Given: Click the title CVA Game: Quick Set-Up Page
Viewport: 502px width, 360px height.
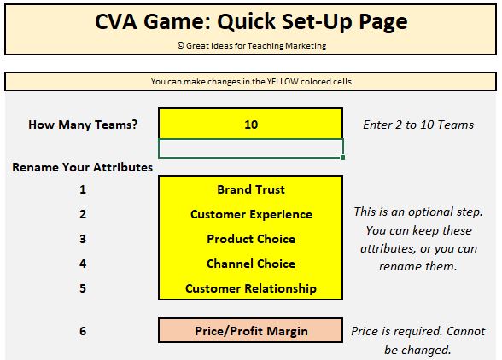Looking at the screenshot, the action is point(251,22).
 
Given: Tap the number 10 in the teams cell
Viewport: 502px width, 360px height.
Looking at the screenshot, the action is point(251,125).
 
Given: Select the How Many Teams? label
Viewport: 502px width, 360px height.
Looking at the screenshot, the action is point(83,125).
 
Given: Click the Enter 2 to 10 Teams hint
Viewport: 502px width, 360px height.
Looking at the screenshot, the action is point(418,125).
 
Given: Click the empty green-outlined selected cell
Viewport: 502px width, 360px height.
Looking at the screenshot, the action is point(251,148).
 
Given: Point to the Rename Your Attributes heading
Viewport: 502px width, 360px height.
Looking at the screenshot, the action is point(82,167).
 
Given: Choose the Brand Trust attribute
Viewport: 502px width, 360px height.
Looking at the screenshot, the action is point(251,189).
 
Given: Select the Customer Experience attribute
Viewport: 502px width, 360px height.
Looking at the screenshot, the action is point(251,214).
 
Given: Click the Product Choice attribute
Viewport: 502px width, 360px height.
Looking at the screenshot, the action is point(251,239).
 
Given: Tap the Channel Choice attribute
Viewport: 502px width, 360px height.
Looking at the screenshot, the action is point(251,264).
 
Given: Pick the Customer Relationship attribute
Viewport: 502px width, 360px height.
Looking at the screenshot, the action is point(251,288).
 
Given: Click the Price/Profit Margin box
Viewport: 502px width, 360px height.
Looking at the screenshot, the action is point(251,330).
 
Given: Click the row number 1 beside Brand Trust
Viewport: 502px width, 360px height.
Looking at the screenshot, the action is point(83,189).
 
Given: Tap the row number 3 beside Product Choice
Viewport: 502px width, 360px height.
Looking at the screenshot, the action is point(83,239).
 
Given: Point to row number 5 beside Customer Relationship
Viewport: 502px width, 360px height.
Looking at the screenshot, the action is point(83,288).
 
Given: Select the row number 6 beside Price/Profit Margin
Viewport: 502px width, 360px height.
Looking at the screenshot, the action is point(83,331).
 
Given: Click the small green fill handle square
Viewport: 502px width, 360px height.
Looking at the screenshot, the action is point(343,158).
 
